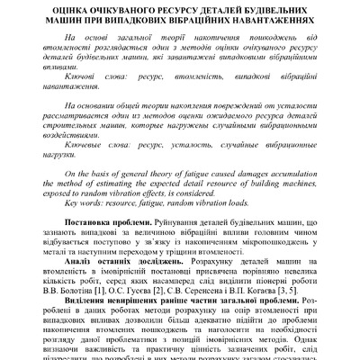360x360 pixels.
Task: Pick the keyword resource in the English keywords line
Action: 114,203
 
